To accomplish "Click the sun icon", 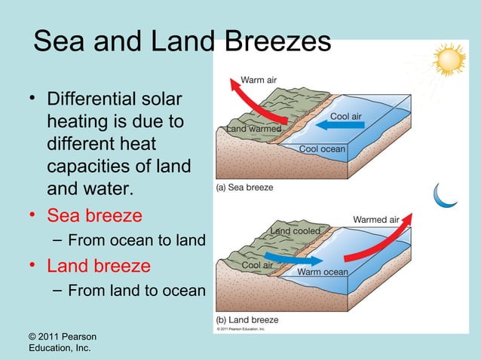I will click(449, 59).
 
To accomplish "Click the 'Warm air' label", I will click(258, 80).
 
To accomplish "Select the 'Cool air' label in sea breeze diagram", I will click(346, 117).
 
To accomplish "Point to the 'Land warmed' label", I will click(254, 130).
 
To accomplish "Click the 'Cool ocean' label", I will click(322, 148).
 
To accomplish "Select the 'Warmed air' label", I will click(375, 219).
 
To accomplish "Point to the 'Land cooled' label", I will click(296, 230).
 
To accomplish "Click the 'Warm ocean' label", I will click(323, 271).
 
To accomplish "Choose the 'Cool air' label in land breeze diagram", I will click(257, 265).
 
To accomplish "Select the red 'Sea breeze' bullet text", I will click(94, 215).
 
